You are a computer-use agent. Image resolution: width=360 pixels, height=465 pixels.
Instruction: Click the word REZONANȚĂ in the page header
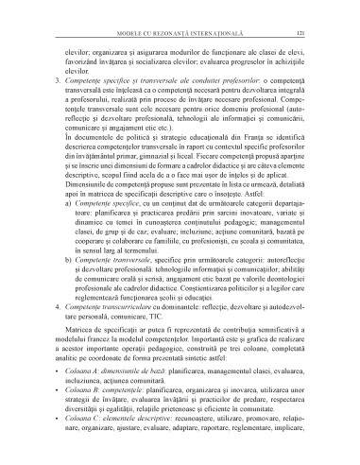(x=178, y=34)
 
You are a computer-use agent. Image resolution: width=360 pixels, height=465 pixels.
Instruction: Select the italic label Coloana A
(x=86, y=418)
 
